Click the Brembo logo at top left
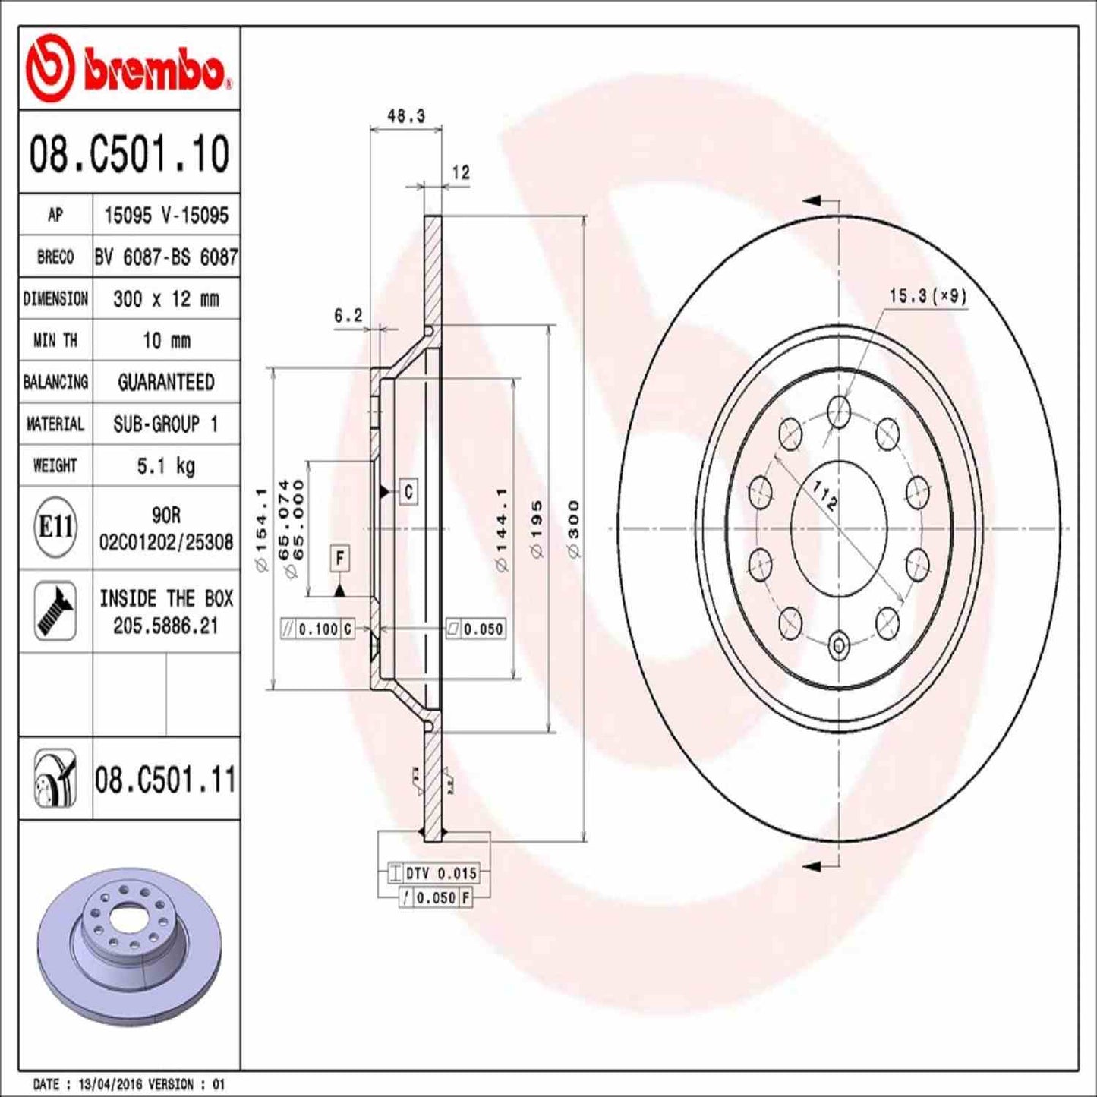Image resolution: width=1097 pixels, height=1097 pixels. point(129,69)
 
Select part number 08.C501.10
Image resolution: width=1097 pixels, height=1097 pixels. point(129,153)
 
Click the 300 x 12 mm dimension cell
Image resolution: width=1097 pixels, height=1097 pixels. point(165,299)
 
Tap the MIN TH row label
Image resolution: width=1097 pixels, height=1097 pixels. point(55,341)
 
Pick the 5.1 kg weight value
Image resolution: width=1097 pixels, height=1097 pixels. point(165,465)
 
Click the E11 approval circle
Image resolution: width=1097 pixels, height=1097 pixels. point(55,527)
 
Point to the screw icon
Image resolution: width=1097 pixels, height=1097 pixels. point(55,611)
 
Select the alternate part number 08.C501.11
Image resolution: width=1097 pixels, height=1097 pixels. point(165,780)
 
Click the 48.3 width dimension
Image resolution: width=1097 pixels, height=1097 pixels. point(406,116)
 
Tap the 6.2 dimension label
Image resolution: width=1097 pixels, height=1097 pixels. point(348,315)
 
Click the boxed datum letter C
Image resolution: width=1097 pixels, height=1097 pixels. point(408,492)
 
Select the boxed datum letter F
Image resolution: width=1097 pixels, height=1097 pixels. point(339,559)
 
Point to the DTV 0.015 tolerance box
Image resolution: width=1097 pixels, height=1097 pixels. point(433,873)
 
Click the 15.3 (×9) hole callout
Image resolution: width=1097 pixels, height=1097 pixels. point(928,296)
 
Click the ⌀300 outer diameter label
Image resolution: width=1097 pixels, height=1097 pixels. point(574,529)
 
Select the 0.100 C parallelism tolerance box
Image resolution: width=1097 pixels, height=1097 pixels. point(317,629)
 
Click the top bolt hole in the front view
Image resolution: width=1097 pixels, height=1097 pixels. point(838,411)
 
